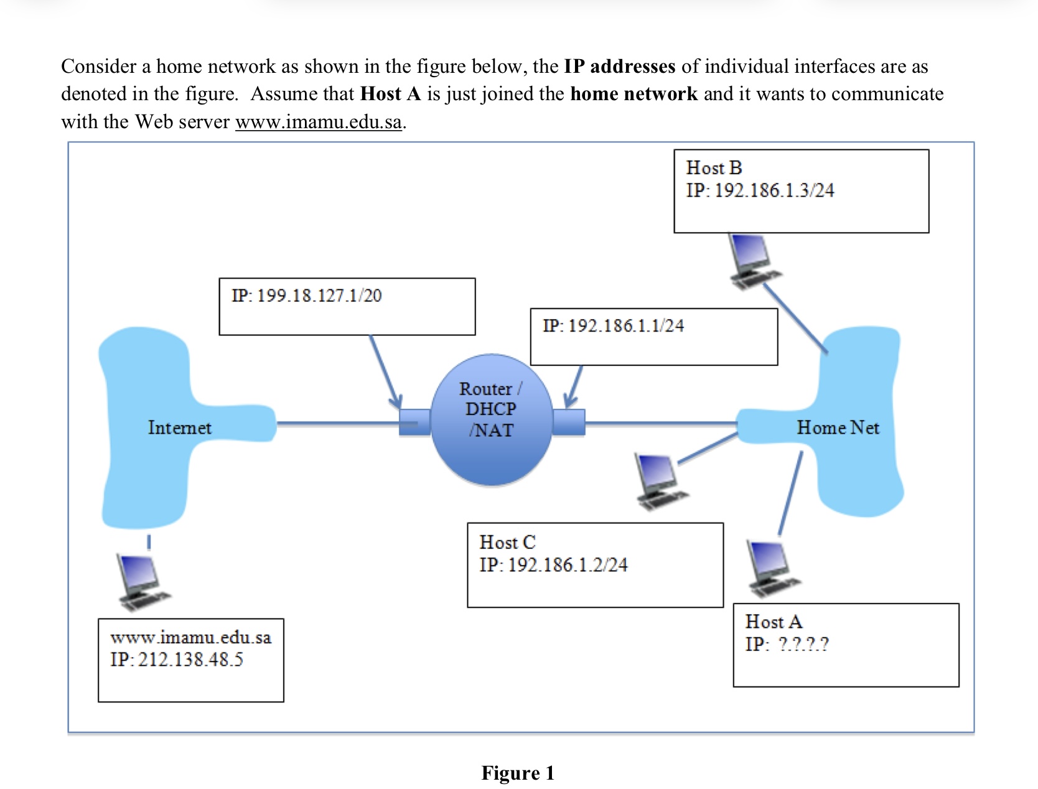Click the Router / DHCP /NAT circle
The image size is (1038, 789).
tap(491, 420)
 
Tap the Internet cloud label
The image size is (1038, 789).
tap(179, 427)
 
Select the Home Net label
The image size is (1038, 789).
tap(838, 427)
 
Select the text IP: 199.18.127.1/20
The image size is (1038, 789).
tap(307, 296)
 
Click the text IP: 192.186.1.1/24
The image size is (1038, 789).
tap(613, 325)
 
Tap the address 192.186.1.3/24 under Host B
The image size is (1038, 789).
tap(774, 190)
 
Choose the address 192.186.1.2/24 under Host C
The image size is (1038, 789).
tap(568, 565)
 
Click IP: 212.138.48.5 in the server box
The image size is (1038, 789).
tap(177, 660)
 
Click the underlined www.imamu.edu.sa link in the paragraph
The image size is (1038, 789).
tap(319, 121)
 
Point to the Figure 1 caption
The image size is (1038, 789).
tap(518, 773)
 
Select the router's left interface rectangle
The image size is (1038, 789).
tap(414, 422)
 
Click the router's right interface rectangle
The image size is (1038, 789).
tap(569, 422)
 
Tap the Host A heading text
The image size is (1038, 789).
tap(774, 622)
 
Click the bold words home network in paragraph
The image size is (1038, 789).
tap(634, 94)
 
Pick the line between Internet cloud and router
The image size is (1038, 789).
tap(336, 424)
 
